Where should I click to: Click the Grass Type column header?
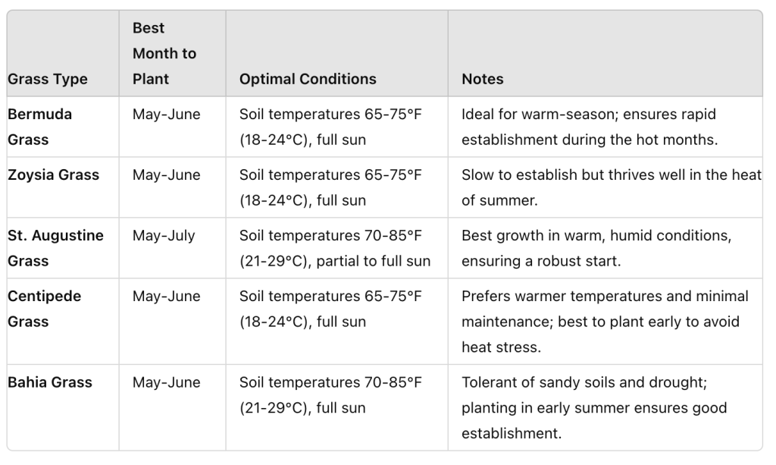point(48,79)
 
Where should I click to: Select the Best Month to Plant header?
point(164,53)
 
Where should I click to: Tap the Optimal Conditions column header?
point(308,79)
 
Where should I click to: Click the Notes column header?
point(482,79)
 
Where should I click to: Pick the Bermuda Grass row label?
point(39,127)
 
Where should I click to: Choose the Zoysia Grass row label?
point(53,174)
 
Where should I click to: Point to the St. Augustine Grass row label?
point(55,248)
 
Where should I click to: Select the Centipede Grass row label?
point(44,309)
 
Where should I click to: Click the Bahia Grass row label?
point(50,382)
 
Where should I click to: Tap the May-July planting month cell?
point(164,235)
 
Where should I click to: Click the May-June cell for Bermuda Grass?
point(166,114)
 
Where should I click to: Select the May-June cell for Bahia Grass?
point(166,382)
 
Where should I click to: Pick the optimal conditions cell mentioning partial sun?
point(334,248)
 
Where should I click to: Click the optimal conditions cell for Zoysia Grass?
point(330,187)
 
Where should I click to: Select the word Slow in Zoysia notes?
point(477,174)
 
